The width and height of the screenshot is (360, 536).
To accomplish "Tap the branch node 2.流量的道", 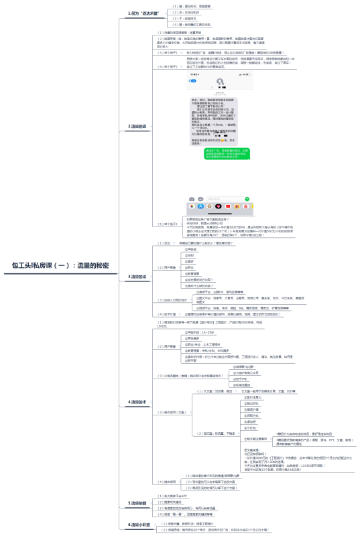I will pos(138,126).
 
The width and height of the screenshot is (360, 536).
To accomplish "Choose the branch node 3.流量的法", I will pos(138,276).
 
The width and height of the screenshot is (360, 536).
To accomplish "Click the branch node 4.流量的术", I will pos(138,401).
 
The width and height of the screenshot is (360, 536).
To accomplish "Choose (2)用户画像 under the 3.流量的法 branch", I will pos(167,267).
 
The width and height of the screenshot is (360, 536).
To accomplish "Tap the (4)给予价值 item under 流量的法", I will pos(168,314).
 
